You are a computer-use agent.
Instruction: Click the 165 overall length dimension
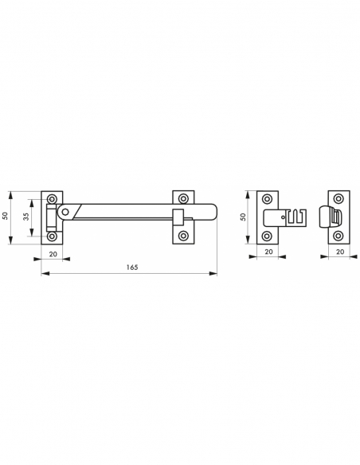pos(132,268)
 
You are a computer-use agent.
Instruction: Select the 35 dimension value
pos(27,217)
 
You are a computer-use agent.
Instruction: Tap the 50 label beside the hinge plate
pos(5,216)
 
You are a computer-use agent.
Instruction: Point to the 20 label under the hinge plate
pos(53,254)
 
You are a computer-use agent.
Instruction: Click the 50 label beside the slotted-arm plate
pos(243,217)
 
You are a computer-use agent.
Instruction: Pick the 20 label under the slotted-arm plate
pos(268,252)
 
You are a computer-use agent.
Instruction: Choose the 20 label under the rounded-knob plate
pos(340,252)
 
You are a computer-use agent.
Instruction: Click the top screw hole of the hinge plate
pos(53,198)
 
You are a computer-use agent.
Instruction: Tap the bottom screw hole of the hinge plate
pos(53,236)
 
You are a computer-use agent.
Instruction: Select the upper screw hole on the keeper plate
pos(183,198)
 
